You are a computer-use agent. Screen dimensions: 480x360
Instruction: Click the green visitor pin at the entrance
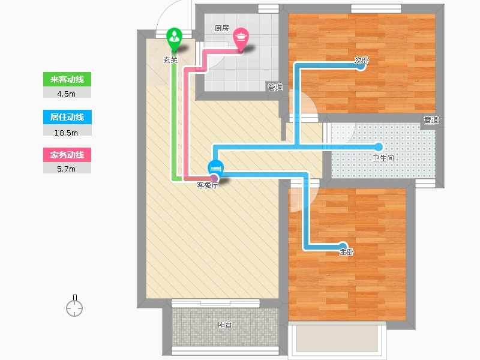(x=174, y=39)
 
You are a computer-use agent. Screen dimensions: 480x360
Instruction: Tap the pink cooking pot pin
(x=241, y=40)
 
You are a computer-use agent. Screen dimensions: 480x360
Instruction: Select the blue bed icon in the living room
(x=215, y=168)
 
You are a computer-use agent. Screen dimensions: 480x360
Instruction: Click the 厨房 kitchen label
(x=221, y=28)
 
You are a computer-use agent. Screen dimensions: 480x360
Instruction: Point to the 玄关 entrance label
(x=170, y=59)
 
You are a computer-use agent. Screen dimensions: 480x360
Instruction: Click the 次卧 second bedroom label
(x=362, y=61)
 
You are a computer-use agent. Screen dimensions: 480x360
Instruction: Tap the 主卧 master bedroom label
(x=347, y=251)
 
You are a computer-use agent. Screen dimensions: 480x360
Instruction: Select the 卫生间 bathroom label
(x=383, y=158)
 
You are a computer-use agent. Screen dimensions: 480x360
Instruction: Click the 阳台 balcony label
(x=224, y=325)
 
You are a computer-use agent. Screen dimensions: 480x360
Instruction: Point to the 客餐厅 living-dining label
(x=207, y=185)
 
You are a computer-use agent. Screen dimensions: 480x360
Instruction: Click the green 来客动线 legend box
(x=67, y=79)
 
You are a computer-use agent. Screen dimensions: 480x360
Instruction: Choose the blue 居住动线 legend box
(x=67, y=117)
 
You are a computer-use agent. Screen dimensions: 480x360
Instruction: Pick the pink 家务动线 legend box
(x=67, y=155)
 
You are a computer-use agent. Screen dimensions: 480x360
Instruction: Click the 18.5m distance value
(x=66, y=133)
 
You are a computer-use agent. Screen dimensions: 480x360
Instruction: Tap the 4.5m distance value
(x=66, y=94)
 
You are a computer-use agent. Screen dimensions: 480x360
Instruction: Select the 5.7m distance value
(x=66, y=169)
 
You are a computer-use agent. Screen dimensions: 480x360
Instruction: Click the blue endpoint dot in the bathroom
(x=379, y=147)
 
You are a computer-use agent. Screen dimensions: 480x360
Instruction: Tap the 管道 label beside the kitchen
(x=275, y=88)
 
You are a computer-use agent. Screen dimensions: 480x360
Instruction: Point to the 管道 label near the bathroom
(x=431, y=119)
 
